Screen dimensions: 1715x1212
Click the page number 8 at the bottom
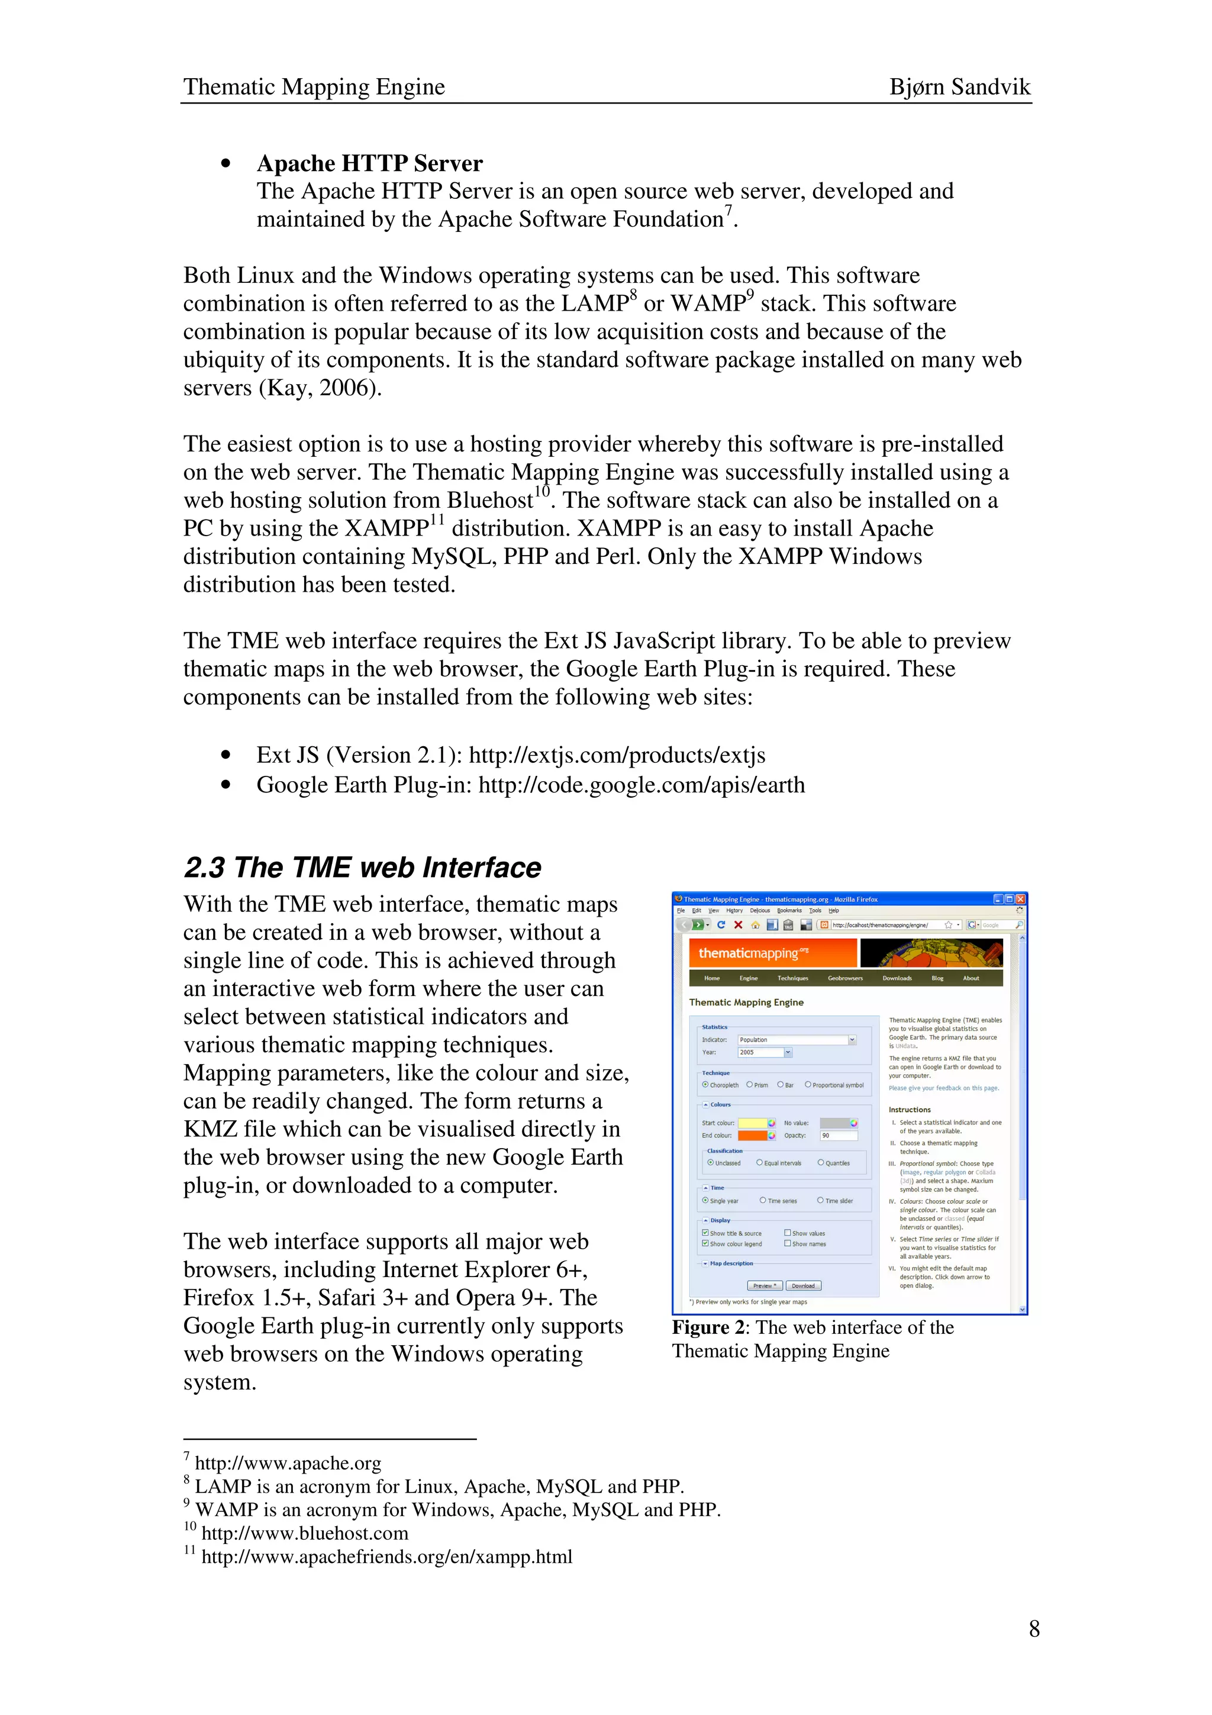tap(1033, 1629)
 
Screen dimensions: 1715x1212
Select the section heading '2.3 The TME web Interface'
tap(362, 867)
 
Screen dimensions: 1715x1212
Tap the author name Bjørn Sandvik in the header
tap(959, 86)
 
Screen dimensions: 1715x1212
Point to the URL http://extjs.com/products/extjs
tap(617, 755)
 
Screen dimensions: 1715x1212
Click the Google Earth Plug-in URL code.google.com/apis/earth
tap(642, 785)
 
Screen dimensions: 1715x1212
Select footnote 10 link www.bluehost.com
tap(305, 1533)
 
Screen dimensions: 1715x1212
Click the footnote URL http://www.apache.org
tap(288, 1463)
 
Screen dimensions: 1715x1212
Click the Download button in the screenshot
tap(803, 1285)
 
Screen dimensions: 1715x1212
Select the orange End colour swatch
tap(753, 1136)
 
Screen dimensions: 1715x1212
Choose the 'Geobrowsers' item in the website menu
tap(844, 978)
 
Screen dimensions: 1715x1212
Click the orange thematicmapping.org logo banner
tap(772, 953)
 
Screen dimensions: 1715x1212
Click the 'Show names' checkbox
tap(788, 1244)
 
